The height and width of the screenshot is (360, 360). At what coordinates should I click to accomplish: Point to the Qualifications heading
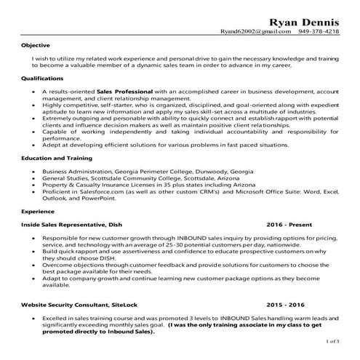[x=42, y=77]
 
